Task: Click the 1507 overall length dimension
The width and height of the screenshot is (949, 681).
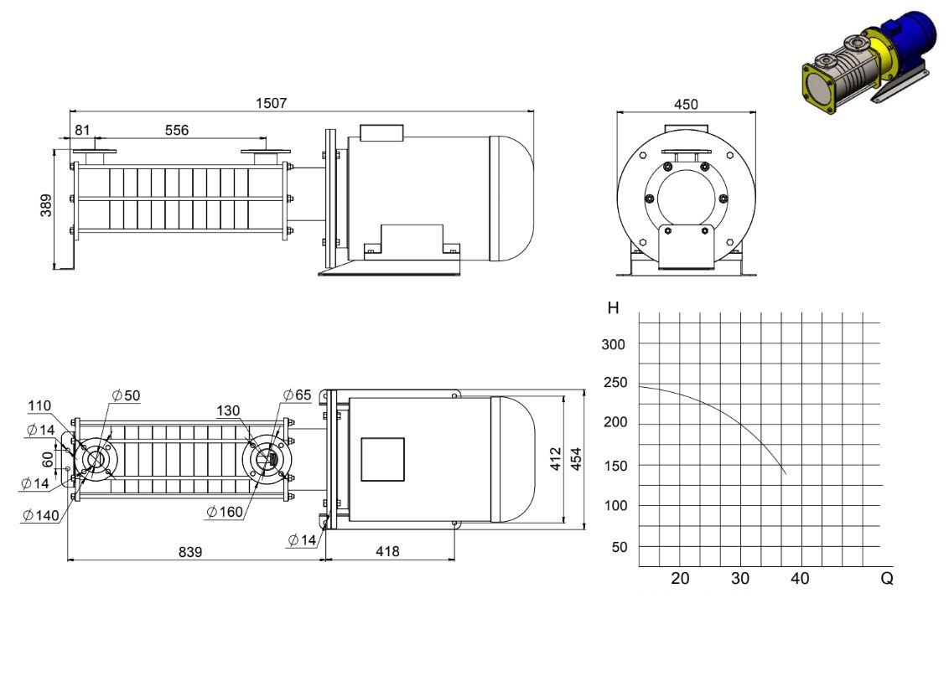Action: click(x=271, y=103)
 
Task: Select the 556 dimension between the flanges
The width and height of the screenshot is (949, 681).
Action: click(x=177, y=130)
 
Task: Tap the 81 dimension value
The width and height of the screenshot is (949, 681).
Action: click(x=82, y=130)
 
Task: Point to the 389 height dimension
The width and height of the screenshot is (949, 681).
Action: click(x=46, y=205)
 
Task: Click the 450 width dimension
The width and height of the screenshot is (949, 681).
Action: click(x=686, y=105)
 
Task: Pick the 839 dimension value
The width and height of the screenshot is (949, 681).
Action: click(x=190, y=552)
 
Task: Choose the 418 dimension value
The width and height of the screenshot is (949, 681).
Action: click(x=387, y=551)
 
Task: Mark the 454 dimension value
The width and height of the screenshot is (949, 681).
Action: click(x=576, y=459)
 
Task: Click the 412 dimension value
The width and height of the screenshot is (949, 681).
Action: click(x=556, y=459)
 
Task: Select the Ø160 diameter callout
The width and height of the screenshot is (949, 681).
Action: click(x=225, y=512)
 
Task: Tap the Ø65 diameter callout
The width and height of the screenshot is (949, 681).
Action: click(x=297, y=395)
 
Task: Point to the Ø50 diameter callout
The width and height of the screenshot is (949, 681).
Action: click(x=126, y=395)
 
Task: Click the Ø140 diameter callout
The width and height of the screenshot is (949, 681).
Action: click(x=41, y=515)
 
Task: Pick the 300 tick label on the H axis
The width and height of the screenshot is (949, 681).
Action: click(x=613, y=345)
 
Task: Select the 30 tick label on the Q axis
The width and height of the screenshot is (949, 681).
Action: click(x=740, y=579)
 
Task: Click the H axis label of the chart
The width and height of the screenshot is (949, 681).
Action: click(x=613, y=308)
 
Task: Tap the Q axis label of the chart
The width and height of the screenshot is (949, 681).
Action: click(x=887, y=579)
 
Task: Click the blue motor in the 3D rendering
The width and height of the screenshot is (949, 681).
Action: click(x=906, y=35)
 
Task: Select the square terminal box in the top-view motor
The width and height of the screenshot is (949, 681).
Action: click(x=382, y=460)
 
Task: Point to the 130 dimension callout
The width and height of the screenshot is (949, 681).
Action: click(x=228, y=410)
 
